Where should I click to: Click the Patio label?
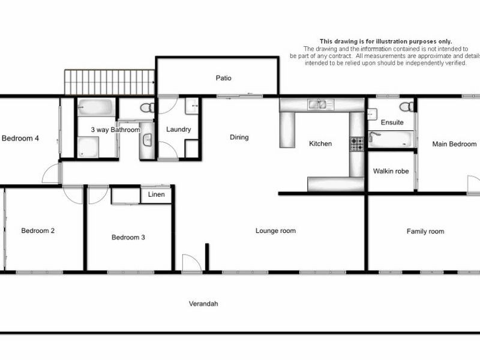224,78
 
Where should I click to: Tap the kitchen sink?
317,105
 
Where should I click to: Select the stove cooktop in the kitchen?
356,144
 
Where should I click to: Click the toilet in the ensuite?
407,107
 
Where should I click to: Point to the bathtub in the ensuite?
390,139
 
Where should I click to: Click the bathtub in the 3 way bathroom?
96,108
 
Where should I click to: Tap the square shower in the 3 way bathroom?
88,146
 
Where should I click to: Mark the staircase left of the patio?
110,82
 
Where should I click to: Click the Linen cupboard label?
157,194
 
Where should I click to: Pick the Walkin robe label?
391,171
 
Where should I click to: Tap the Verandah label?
202,304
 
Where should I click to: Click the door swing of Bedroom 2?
73,194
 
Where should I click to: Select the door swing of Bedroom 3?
98,194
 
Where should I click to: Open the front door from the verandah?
191,264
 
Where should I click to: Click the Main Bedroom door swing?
473,185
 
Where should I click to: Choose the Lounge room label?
275,230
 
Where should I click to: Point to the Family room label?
425,231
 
